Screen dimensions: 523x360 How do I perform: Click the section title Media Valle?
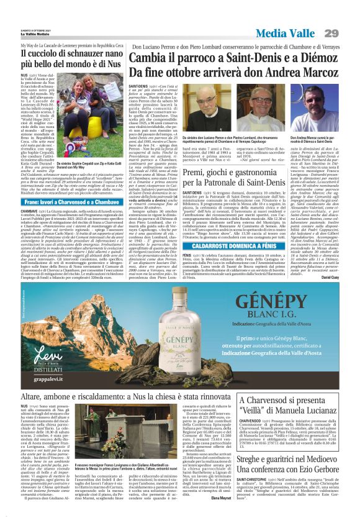pos(289,33)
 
